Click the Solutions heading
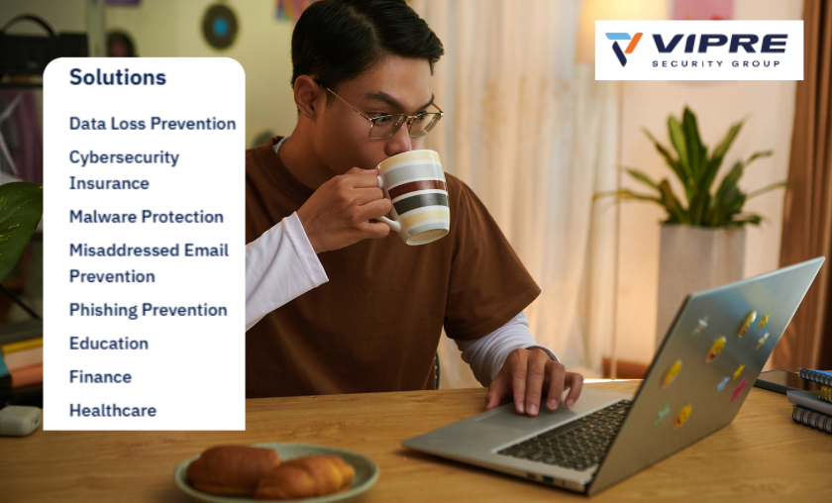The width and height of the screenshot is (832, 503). click(118, 77)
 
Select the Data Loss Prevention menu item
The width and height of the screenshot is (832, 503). click(153, 124)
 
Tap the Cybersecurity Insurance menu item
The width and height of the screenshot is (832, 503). click(124, 170)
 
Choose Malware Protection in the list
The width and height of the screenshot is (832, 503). click(147, 217)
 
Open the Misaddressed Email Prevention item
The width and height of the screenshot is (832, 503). click(149, 263)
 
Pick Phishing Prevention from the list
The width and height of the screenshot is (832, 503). click(149, 310)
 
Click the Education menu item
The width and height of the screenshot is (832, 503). click(109, 344)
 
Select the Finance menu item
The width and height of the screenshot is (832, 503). click(100, 377)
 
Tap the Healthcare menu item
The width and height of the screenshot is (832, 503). click(113, 410)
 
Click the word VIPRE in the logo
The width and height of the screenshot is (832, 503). click(720, 43)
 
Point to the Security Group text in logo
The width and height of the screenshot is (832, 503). click(719, 63)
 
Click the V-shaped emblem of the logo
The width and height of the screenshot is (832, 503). click(624, 48)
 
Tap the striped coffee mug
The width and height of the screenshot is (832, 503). click(414, 195)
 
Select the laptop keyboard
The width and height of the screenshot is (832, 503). click(565, 436)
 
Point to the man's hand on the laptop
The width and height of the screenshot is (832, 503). click(531, 380)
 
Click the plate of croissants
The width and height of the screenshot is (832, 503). click(276, 472)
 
